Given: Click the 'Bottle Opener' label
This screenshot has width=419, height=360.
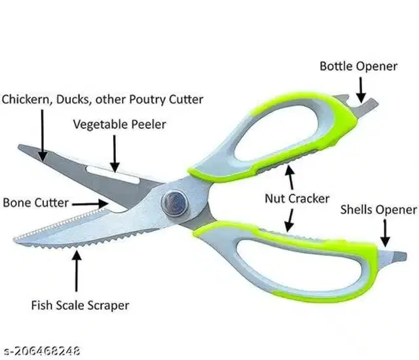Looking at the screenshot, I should pos(358,66).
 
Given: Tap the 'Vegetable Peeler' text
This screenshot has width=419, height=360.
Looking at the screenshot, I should pos(119,124).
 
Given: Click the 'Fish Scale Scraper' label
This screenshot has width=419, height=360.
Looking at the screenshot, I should pos(80,305).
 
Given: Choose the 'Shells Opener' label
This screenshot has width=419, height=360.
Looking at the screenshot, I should pos(378,209).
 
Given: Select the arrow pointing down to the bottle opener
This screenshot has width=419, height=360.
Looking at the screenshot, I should pos(359,89).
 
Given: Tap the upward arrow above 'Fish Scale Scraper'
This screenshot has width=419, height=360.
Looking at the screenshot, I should pos(77,268).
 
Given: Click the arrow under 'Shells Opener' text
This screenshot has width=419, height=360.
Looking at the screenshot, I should pos(386,232).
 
